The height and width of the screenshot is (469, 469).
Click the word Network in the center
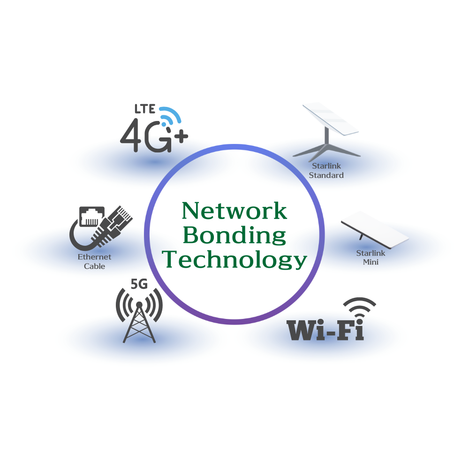coord(234,211)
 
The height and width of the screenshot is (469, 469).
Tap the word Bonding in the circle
coord(234,235)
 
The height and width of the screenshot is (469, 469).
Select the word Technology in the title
coord(234,259)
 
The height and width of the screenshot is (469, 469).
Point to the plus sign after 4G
coord(181,136)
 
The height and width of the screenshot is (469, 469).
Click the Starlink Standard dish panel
coord(331,120)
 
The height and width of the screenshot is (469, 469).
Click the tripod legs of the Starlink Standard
coord(327,149)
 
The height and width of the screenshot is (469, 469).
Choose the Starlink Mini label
coord(371,257)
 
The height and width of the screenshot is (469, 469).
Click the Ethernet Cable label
coord(94,262)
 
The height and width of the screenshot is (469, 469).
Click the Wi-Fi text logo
coord(325,330)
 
